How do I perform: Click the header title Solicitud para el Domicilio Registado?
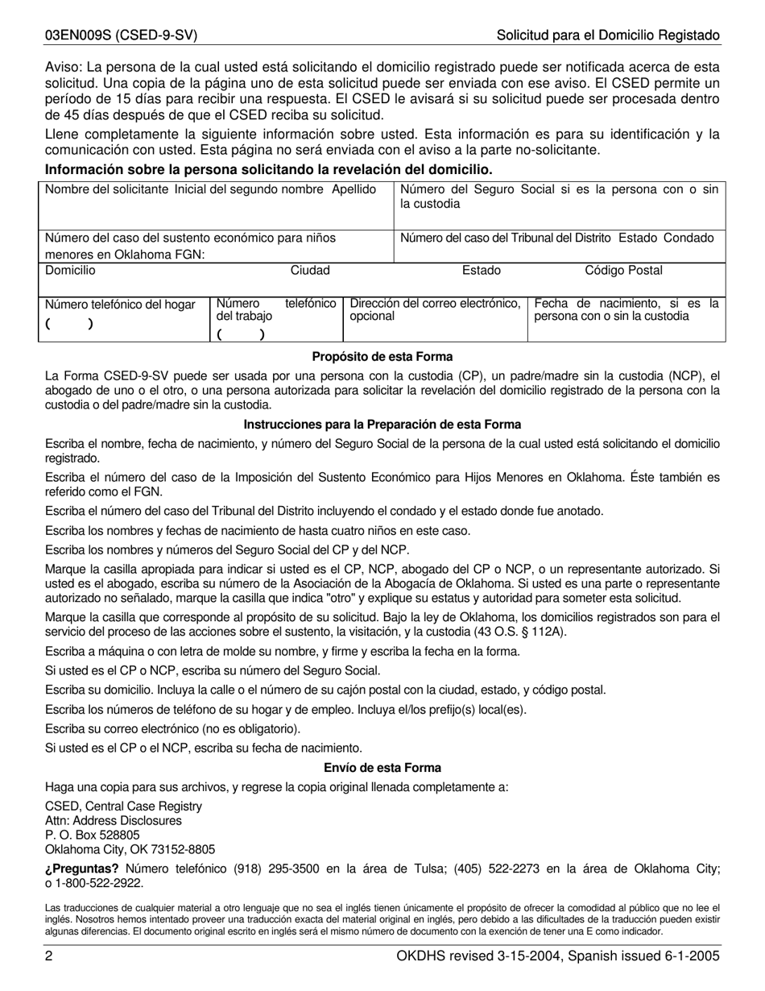point(608,35)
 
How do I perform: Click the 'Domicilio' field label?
point(70,271)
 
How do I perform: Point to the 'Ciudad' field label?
point(310,271)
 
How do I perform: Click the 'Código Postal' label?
point(623,271)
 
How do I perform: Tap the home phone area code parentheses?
point(69,325)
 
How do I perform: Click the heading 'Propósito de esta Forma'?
point(382,356)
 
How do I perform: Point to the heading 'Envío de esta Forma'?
point(382,768)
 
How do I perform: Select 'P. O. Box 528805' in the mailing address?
point(93,835)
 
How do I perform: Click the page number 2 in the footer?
point(49,956)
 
